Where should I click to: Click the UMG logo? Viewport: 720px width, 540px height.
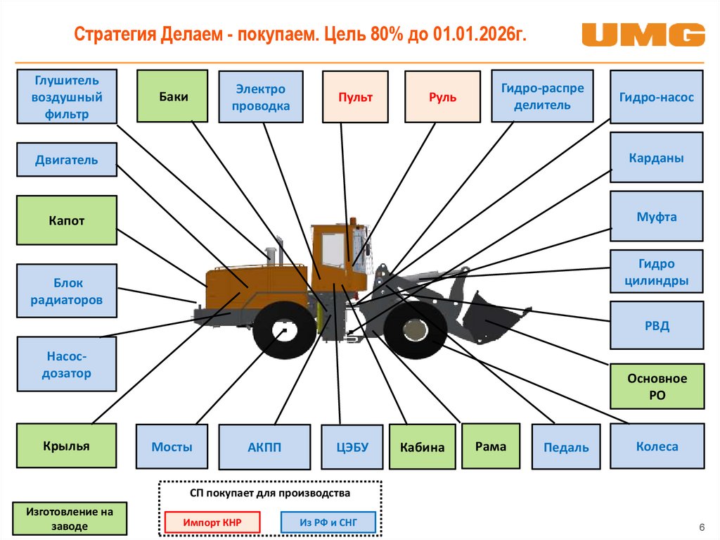[x=643, y=35]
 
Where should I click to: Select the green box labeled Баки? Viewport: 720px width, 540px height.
[x=172, y=96]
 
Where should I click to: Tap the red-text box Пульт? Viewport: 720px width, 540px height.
[x=355, y=97]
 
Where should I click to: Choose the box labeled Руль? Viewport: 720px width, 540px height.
[x=443, y=97]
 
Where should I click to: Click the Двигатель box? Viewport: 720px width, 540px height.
[x=67, y=160]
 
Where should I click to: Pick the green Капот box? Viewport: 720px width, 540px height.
[x=67, y=220]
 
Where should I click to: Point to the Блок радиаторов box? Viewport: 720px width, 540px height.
[x=67, y=291]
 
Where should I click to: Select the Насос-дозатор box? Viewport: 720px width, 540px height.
[x=67, y=364]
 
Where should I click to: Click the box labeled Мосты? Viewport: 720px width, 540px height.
[x=172, y=446]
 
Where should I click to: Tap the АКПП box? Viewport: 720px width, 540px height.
[x=264, y=447]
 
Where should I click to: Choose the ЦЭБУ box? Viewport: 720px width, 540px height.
[x=352, y=447]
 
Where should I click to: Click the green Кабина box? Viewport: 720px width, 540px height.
[x=423, y=446]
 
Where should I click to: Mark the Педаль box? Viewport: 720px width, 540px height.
[x=566, y=447]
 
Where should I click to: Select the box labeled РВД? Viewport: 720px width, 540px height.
[x=657, y=326]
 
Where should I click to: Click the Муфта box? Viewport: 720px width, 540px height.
[x=657, y=216]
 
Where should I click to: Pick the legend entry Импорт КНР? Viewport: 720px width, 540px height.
[x=212, y=522]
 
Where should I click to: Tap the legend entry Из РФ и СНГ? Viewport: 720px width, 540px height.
[x=328, y=522]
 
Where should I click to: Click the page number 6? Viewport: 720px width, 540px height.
[x=701, y=527]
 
